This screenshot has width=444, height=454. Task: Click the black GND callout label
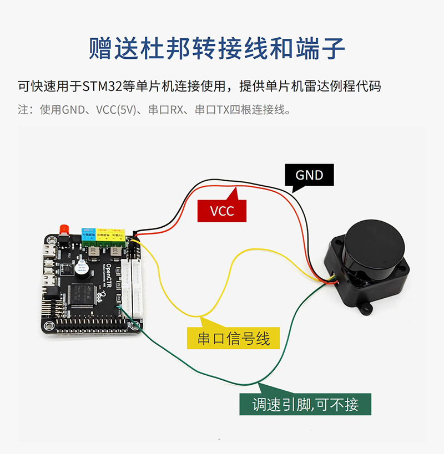pos(309,176)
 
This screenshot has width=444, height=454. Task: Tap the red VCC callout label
pos(222,211)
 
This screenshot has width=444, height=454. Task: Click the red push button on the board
pos(63,229)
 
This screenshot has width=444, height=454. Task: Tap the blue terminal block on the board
pos(89,236)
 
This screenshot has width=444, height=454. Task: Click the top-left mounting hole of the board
pos(51,240)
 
